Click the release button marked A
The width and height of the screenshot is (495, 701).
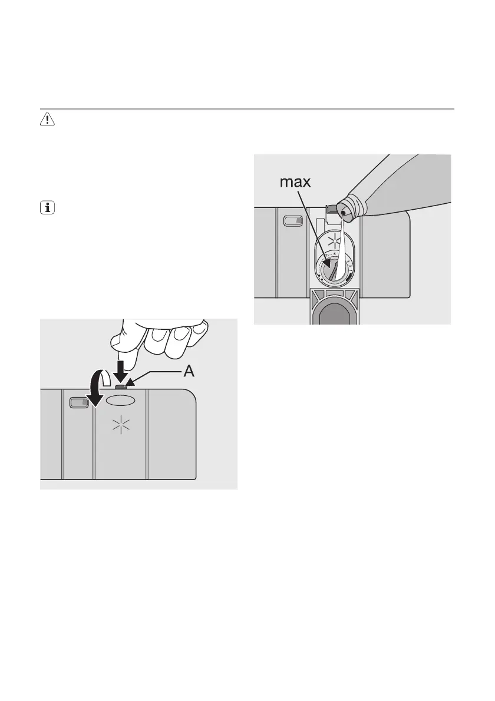pos(121,386)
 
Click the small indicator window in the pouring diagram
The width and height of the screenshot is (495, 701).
pos(293,221)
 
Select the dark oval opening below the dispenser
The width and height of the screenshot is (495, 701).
pos(334,308)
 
